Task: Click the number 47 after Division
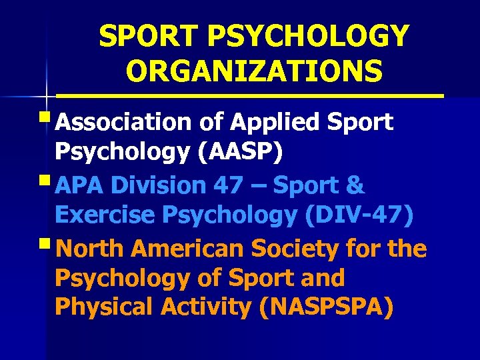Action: (230, 185)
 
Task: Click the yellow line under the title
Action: (267, 97)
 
